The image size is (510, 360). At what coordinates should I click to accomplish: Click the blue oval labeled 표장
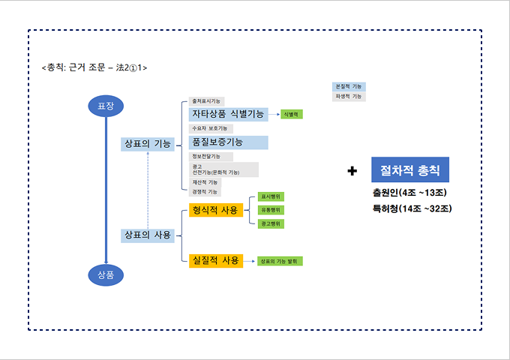pos(106,106)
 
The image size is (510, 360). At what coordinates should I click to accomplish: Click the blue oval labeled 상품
pos(106,274)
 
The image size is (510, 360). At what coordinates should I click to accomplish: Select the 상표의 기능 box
pos(148,143)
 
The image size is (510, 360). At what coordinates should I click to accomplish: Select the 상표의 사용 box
pos(148,235)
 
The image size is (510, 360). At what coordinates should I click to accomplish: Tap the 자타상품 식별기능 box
pos(228,114)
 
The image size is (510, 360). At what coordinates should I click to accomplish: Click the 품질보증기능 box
pos(228,142)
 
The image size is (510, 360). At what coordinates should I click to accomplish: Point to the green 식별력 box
pos(291,114)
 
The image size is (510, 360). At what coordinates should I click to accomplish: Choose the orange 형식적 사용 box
pos(216,210)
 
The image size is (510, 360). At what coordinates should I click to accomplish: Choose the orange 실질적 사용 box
pos(216,260)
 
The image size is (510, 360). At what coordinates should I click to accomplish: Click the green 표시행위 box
pos(271,196)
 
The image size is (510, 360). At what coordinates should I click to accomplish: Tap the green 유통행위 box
pos(271,210)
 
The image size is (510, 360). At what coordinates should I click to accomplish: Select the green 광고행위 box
pos(271,223)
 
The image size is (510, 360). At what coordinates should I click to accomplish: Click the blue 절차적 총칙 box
pos(409,170)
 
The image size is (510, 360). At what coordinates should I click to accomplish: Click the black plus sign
pos(352,171)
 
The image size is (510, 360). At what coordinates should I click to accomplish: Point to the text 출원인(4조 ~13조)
pos(409,193)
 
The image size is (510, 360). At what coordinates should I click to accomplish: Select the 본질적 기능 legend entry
pos(349,87)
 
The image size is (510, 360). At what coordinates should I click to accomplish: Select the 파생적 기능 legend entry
pos(349,97)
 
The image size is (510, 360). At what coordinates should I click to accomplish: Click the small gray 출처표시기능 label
pos(207,100)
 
